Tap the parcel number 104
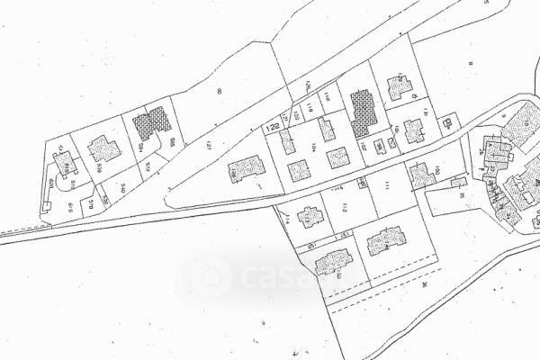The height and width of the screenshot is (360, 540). pos(314,146)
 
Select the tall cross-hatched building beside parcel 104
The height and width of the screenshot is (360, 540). pos(363,112)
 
